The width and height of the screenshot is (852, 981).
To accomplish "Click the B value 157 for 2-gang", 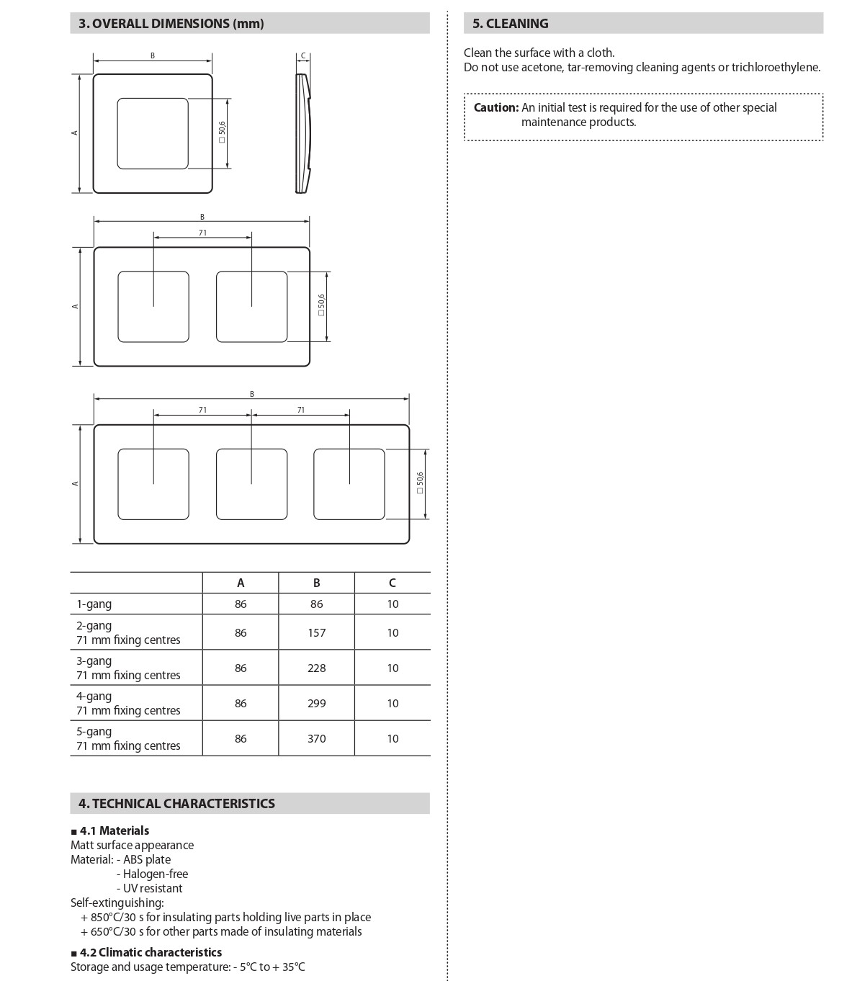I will pos(316,632).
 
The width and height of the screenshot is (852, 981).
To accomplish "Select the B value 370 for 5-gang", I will pos(316,738).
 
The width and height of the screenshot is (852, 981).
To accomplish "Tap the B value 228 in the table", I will pos(316,668).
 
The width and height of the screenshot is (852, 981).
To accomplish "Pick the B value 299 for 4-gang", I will pos(316,703).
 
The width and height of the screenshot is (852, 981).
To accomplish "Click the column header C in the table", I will pos(392,583).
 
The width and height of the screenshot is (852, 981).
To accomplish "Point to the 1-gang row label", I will pos(94,604).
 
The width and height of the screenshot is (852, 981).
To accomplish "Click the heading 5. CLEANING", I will pos(510,24).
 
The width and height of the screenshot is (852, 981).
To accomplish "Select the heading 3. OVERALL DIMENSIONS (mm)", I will pos(171,24).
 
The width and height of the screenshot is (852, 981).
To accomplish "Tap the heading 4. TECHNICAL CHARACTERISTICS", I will pos(176,803).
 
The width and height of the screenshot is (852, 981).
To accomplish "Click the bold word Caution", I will pos(495,107).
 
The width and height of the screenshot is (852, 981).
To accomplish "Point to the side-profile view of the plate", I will pos(303,133).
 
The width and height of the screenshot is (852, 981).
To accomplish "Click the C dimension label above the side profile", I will pos(303,55).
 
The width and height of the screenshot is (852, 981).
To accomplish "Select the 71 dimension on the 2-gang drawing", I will pos(202,233).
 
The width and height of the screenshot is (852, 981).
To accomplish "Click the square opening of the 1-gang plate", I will pos(153,133).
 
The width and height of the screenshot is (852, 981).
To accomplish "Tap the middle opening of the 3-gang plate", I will pos(251,483).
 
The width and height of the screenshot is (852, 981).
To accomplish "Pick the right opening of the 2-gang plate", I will pos(251,307).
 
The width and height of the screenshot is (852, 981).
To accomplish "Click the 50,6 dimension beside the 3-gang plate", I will pos(420,483).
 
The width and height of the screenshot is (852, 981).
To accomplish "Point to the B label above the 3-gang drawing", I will pos(252,394).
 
